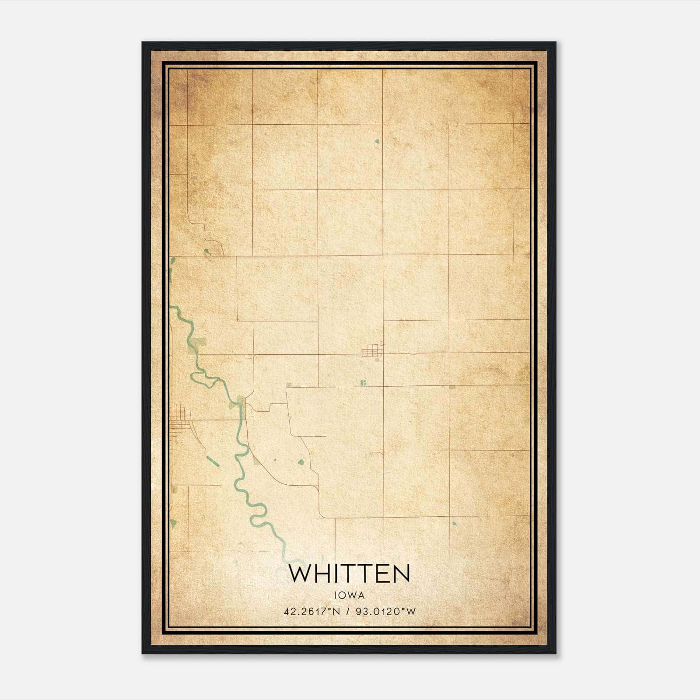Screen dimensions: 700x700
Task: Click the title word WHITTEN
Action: (349, 574)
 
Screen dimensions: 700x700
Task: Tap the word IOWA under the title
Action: (349, 595)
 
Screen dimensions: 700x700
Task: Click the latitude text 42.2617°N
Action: (311, 612)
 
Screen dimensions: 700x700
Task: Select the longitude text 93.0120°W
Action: (386, 612)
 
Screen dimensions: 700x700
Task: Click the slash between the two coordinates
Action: (349, 612)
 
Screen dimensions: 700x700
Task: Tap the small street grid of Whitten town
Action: (372, 350)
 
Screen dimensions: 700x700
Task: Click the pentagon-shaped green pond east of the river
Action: (301, 462)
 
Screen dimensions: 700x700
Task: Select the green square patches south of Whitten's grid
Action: (363, 383)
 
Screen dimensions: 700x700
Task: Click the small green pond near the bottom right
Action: (454, 523)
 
